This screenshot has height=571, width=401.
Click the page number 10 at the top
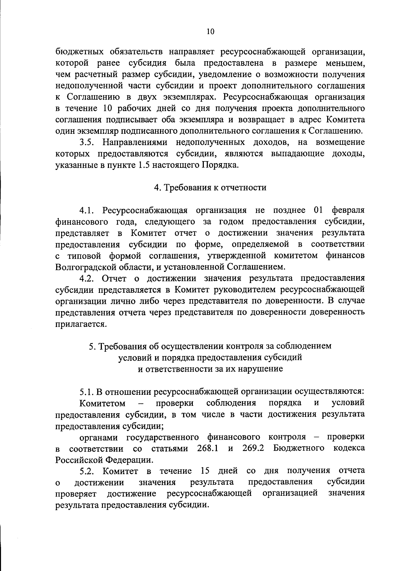pyautogui.click(x=210, y=31)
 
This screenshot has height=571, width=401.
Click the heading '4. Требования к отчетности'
pyautogui.click(x=210, y=188)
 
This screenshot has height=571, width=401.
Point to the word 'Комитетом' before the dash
pyautogui.click(x=102, y=403)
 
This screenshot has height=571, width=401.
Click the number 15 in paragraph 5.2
pyautogui.click(x=205, y=471)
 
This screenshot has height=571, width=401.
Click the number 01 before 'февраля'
pyautogui.click(x=319, y=210)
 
